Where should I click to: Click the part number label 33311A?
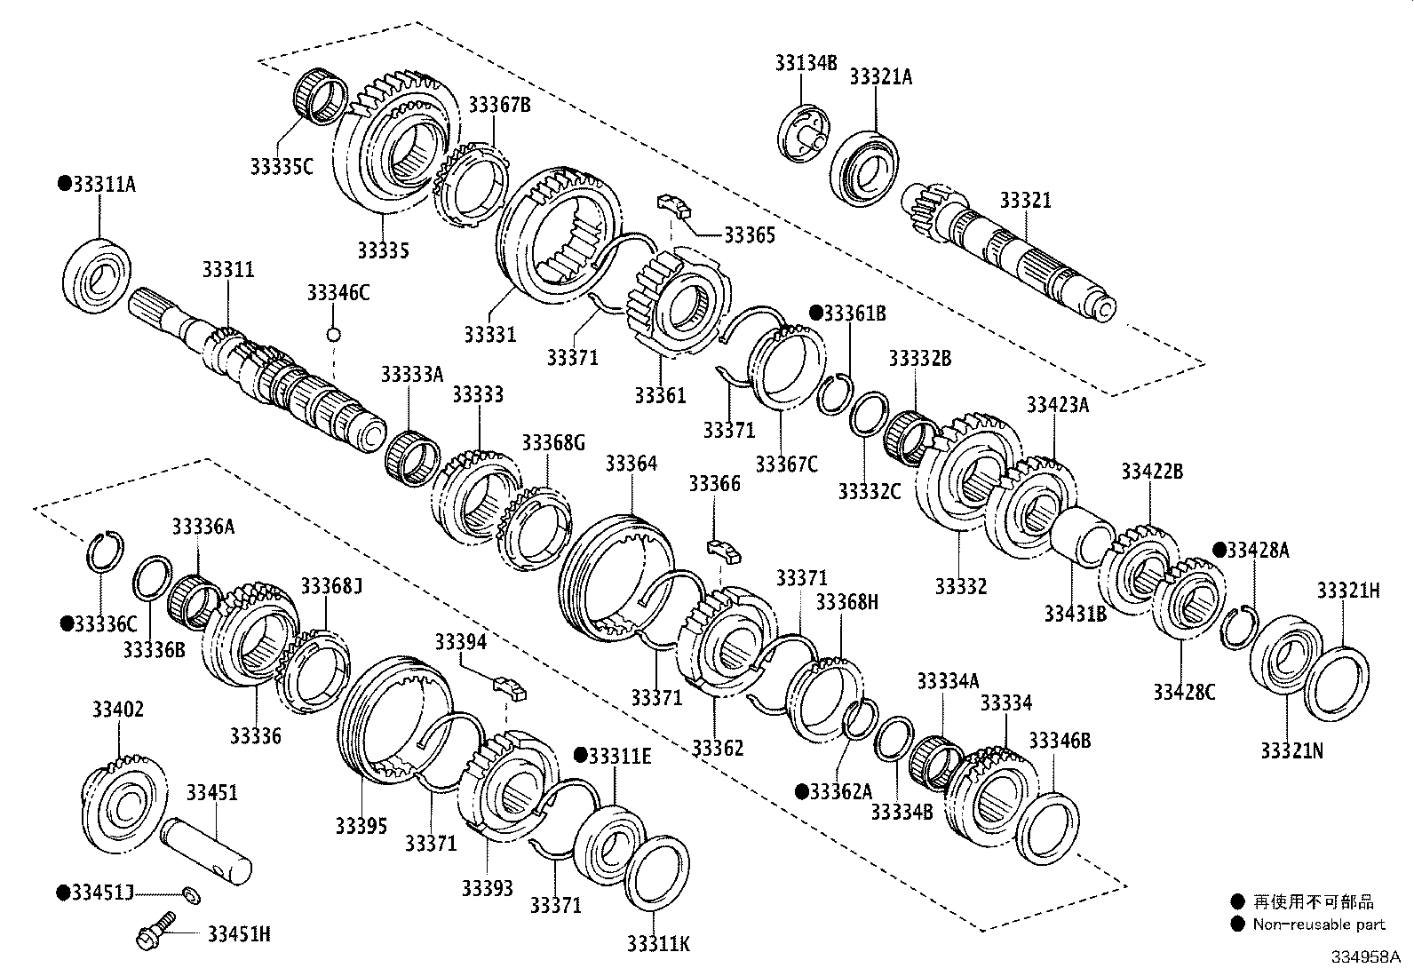tap(103, 184)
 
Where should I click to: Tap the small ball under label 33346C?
tap(334, 335)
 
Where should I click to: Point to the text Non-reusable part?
tap(1318, 924)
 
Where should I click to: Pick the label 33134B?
tap(806, 62)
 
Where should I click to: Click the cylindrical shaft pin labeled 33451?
tap(207, 851)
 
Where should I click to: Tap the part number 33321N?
tap(1291, 750)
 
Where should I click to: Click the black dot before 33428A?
tap(1219, 550)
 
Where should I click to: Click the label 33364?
tap(632, 464)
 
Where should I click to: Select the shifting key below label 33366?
tap(723, 551)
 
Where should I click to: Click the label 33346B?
tap(1059, 740)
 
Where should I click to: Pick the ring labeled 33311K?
tap(658, 870)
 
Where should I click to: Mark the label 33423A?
tap(1057, 405)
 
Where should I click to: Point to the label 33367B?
tap(499, 105)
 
